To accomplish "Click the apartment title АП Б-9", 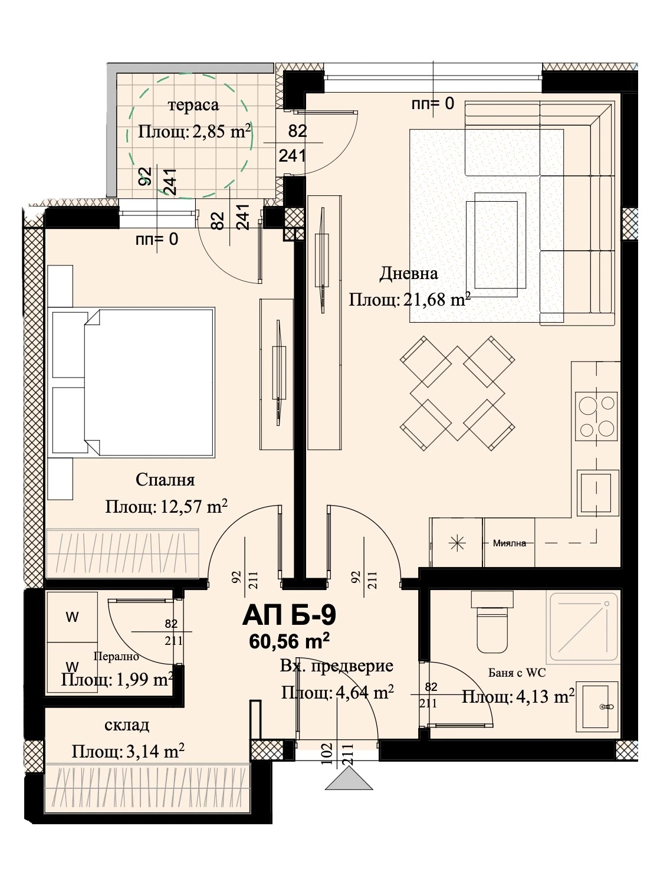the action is (289, 615).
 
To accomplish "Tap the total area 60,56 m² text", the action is (289, 641).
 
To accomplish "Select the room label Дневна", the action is (408, 274).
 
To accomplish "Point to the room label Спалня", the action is (165, 480).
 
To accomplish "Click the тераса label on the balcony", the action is (193, 106).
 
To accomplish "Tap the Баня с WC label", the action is (517, 673).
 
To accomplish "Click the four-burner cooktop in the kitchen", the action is (597, 416).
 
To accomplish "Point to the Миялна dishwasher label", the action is (509, 543).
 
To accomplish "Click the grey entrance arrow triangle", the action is (349, 779).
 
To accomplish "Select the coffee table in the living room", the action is (496, 245).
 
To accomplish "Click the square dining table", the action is (456, 393).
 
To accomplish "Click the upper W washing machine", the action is (72, 617).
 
